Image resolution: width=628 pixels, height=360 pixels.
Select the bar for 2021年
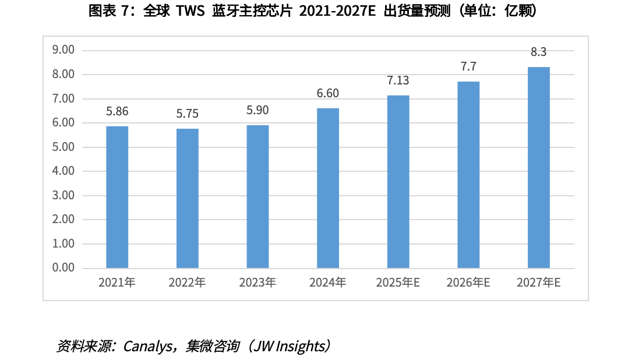[x=117, y=197]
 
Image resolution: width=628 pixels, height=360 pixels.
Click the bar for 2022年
[x=187, y=198]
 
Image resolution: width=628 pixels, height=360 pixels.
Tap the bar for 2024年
[x=327, y=188]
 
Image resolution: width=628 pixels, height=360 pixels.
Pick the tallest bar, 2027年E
[x=538, y=167]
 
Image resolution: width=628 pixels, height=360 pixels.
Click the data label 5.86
[x=117, y=111]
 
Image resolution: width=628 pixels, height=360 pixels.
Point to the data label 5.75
[x=187, y=114]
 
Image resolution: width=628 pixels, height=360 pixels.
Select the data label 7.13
[x=398, y=80]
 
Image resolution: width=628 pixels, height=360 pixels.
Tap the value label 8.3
[x=538, y=52]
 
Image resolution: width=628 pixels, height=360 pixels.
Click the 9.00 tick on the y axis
[x=63, y=50]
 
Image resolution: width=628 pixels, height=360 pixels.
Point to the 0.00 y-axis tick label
[x=63, y=268]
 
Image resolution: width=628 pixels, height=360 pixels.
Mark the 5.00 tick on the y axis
[x=63, y=147]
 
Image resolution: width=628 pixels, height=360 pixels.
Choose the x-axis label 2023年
[x=257, y=283]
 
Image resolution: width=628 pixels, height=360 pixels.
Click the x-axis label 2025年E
[x=398, y=283]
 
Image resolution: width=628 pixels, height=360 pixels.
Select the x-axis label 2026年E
[x=468, y=283]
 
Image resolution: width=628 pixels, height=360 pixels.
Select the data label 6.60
[x=327, y=93]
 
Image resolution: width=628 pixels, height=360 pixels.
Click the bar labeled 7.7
[x=468, y=175]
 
